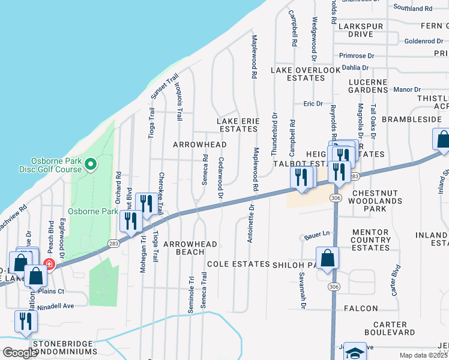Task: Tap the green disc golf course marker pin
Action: coord(90,164)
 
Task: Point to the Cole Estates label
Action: coord(238,264)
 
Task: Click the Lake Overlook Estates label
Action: coord(306,74)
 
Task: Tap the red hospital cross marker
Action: coord(47,263)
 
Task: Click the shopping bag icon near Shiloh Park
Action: coord(328,258)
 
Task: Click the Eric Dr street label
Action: coord(313,104)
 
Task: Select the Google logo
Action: coord(20,353)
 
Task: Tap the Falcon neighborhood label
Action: coord(361,308)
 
